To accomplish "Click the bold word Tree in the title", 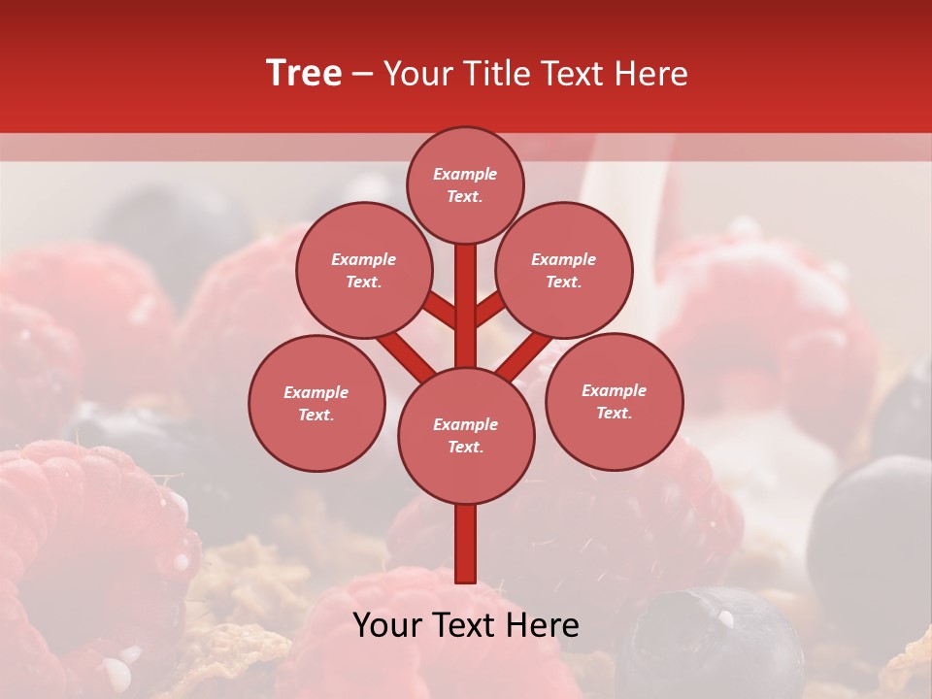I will click(x=304, y=74).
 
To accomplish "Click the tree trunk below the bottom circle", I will click(x=466, y=544).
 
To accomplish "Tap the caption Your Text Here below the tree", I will click(x=466, y=625).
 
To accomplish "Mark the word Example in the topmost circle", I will click(x=465, y=175).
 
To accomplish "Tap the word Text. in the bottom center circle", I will click(x=465, y=448).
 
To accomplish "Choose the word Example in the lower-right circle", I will click(x=614, y=390).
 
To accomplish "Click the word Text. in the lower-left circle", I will click(x=316, y=416).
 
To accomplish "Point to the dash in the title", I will click(x=363, y=75).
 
